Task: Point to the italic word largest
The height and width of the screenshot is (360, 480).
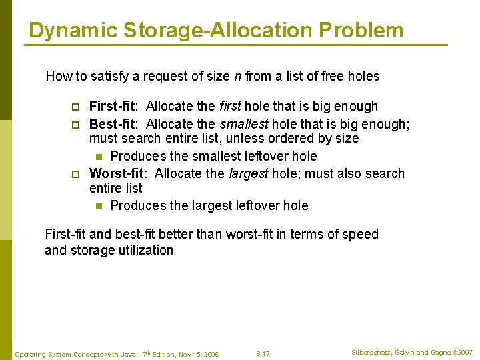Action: (249, 173)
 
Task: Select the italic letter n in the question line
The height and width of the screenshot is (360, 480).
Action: (237, 76)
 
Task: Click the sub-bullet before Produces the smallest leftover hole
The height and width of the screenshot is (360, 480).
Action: (99, 157)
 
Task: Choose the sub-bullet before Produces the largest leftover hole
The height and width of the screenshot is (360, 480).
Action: (99, 206)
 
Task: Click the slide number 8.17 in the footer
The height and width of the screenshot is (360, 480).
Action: (263, 353)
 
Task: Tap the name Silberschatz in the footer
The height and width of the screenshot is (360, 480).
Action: (371, 352)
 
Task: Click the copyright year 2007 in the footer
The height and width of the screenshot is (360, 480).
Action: (464, 352)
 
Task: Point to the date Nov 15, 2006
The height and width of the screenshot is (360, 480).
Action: (199, 354)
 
